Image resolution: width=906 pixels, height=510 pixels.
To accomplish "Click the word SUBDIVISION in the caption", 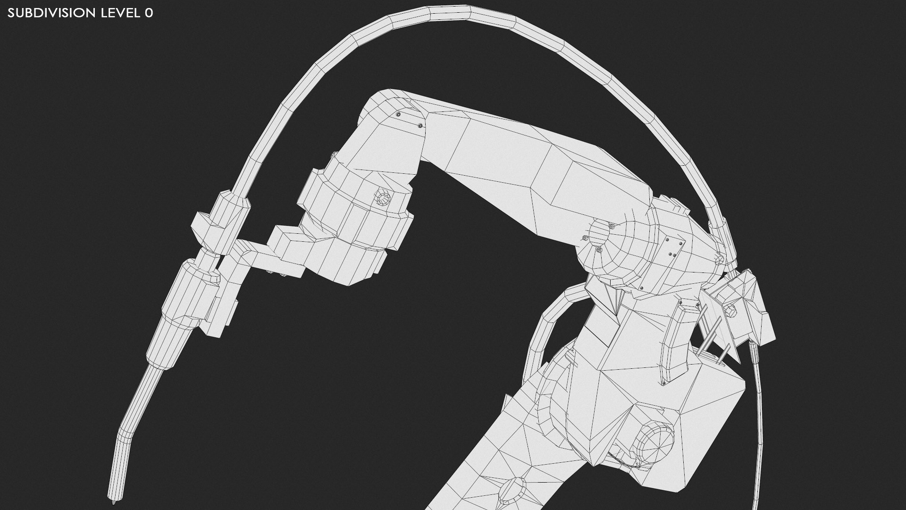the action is tap(51, 13).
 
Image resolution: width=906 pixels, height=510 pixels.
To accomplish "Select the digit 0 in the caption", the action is tap(149, 13).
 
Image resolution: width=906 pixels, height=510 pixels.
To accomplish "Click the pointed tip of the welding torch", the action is tap(112, 503).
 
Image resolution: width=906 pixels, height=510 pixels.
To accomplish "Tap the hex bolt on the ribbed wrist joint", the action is tap(381, 198).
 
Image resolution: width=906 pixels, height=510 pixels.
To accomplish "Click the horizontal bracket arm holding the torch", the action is tap(264, 253).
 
